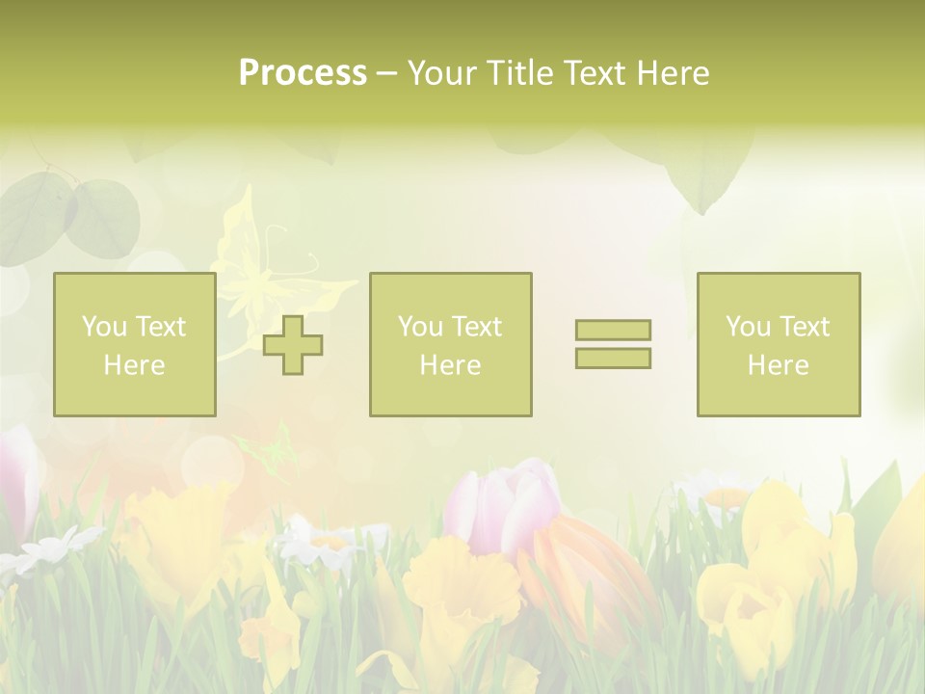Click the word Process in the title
pyautogui.click(x=303, y=73)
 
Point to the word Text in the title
pyautogui.click(x=596, y=73)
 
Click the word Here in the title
pyautogui.click(x=673, y=73)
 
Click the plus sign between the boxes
pyautogui.click(x=293, y=345)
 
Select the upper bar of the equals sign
pyautogui.click(x=613, y=330)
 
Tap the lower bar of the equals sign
pyautogui.click(x=613, y=358)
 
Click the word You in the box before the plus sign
pyautogui.click(x=103, y=327)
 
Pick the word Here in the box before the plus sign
pyautogui.click(x=134, y=365)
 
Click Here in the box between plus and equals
pyautogui.click(x=450, y=365)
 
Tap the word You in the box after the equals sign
pyautogui.click(x=747, y=327)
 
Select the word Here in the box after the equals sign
pyautogui.click(x=778, y=365)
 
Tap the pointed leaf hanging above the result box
pyautogui.click(x=708, y=173)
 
